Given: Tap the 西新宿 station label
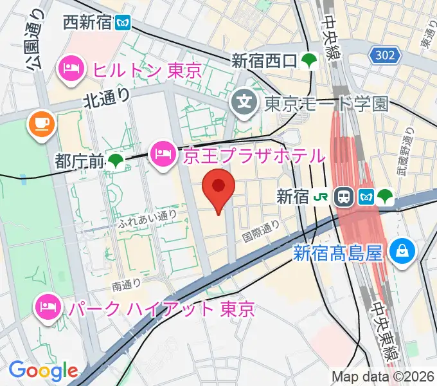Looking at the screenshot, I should tap(87, 24).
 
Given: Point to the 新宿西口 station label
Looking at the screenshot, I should tap(264, 61).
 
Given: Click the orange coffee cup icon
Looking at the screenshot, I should tap(40, 123).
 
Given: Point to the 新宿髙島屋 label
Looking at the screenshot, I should tap(339, 253).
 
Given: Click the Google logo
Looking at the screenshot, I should tap(43, 371).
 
